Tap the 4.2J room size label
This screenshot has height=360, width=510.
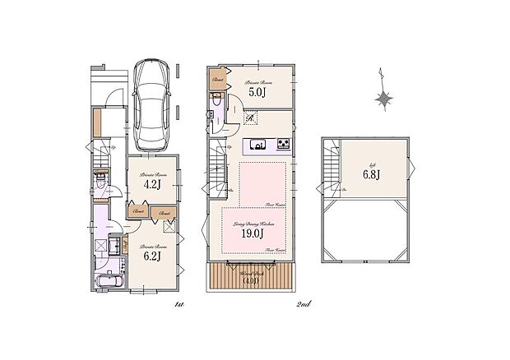(151, 185)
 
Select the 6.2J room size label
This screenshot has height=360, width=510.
(152, 256)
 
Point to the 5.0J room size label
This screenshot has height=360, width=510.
(257, 92)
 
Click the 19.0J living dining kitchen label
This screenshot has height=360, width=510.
(252, 233)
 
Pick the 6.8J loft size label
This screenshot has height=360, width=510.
(371, 173)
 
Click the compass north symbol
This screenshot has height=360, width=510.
(383, 98)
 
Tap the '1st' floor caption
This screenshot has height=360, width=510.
(178, 304)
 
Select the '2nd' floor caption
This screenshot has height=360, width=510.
(303, 304)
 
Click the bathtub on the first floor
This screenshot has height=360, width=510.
(108, 284)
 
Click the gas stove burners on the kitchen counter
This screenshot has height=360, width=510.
(283, 145)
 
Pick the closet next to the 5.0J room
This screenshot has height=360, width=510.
(217, 80)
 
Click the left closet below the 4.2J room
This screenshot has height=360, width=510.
(137, 211)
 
